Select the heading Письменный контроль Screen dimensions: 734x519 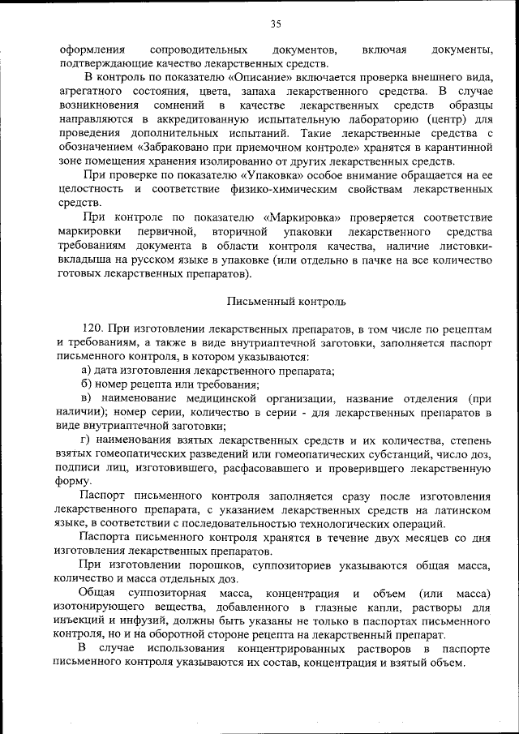[x=276, y=302]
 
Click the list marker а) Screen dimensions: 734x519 [x=75, y=370]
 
